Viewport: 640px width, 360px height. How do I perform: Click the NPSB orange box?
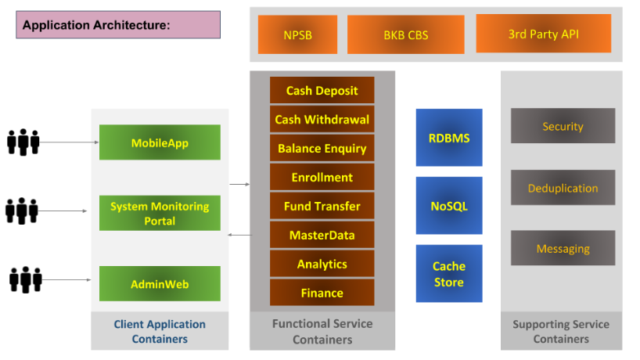[x=297, y=34]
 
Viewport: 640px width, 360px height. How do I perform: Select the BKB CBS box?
[x=406, y=34]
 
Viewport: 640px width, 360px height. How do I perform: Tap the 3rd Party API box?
[x=543, y=34]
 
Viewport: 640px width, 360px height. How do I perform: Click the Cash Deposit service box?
[x=322, y=90]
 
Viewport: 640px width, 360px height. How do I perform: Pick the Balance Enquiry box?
[x=322, y=148]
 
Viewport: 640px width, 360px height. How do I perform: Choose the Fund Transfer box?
[x=322, y=206]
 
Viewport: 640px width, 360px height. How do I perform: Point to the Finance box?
[x=322, y=293]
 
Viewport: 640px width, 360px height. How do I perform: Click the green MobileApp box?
[x=160, y=142]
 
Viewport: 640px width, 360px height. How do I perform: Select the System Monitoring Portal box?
[x=160, y=213]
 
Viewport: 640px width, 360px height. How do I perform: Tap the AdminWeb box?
[x=160, y=283]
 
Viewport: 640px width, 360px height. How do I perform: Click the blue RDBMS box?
[x=449, y=138]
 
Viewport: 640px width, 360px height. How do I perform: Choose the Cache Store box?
[x=449, y=273]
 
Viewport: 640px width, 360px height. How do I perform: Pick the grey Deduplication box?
[x=563, y=187]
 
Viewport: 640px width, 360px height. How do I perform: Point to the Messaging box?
[x=563, y=248]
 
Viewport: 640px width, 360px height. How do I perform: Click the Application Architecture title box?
[x=118, y=25]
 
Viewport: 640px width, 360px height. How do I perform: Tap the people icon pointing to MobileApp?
[x=23, y=142]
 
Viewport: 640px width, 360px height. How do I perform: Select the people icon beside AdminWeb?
[x=25, y=279]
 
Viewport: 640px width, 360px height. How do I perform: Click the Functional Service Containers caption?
[x=322, y=331]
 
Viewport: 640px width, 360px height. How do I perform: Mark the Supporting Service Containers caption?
[x=561, y=331]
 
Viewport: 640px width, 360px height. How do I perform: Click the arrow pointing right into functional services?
[x=239, y=185]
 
